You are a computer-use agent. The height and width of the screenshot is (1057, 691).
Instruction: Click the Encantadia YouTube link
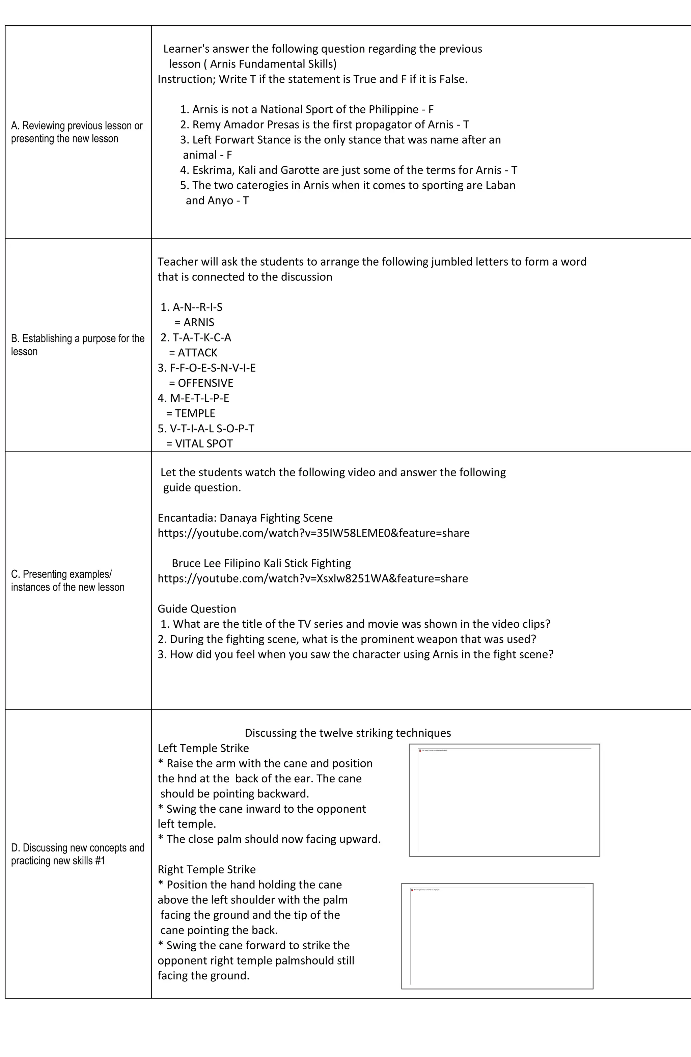[x=313, y=533]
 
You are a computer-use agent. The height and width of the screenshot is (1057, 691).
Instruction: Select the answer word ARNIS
[x=199, y=322]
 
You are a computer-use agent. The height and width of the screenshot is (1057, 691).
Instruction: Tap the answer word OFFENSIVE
[x=205, y=383]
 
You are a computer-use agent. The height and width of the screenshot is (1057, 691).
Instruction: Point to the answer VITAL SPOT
[x=204, y=444]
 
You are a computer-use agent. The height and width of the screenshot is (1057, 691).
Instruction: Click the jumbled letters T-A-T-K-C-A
[x=202, y=337]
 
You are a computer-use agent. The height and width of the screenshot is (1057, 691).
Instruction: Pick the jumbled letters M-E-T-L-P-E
[x=199, y=398]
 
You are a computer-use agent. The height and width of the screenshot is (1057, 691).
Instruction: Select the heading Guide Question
[x=197, y=609]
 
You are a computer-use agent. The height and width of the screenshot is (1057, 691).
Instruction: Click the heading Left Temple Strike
[x=203, y=748]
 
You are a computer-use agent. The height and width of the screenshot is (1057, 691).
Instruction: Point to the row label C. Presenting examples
[x=67, y=580]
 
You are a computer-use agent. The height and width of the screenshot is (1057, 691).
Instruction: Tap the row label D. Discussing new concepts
[x=78, y=854]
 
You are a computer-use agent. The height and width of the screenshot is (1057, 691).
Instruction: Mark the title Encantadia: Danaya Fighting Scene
[x=245, y=518]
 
